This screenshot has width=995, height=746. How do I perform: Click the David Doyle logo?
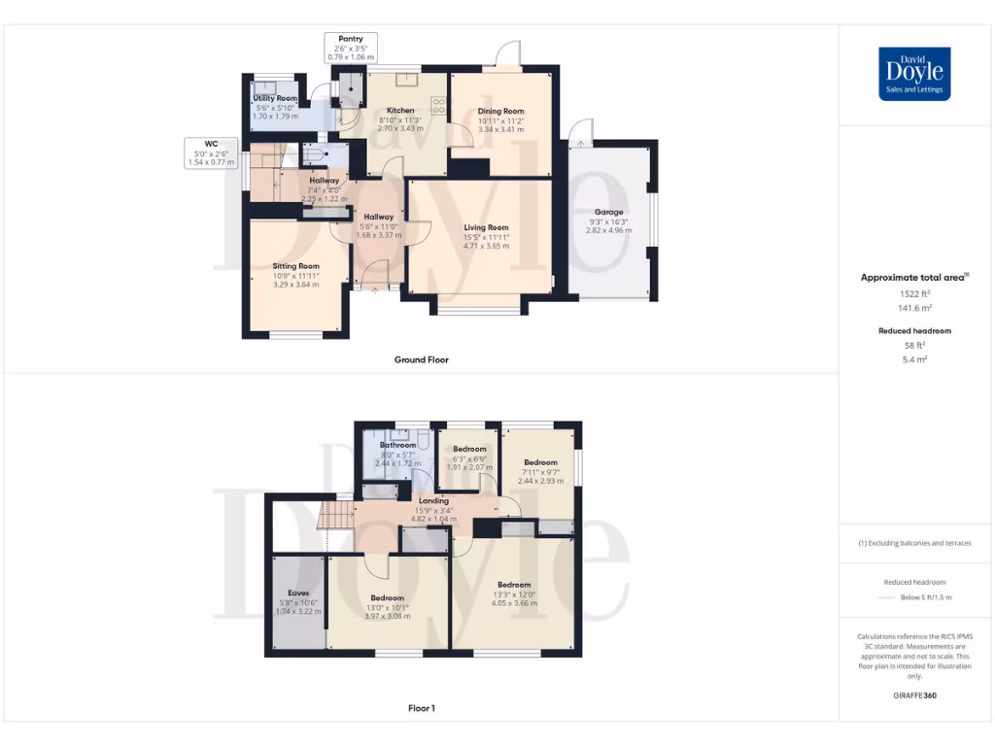[x=913, y=74]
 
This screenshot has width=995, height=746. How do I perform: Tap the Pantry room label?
[x=350, y=39]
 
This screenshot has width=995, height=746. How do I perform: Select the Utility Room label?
[x=275, y=99]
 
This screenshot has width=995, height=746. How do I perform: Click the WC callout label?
[x=211, y=145]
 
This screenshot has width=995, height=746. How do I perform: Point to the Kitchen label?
[x=400, y=111]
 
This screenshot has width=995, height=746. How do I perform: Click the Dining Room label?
[x=500, y=112]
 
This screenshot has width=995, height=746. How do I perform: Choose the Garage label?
[x=608, y=212]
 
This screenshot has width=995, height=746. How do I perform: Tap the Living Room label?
[x=486, y=227]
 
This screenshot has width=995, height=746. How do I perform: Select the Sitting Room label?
[x=295, y=266]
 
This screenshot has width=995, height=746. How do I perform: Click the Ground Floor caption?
[x=421, y=359]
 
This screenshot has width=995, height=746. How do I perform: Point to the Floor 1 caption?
[x=421, y=708]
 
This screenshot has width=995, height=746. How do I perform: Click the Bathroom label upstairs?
[x=397, y=445]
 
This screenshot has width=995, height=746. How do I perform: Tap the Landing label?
[x=432, y=500]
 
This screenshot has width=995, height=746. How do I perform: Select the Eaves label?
[x=297, y=592]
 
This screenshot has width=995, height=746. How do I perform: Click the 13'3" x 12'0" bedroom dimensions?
[x=514, y=594]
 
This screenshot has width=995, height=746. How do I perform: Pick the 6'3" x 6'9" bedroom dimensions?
[x=469, y=458]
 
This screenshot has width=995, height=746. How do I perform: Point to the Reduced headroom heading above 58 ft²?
[x=914, y=331]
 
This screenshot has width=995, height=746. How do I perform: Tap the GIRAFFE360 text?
[x=914, y=695]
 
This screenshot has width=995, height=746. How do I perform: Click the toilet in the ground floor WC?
[x=314, y=155]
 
